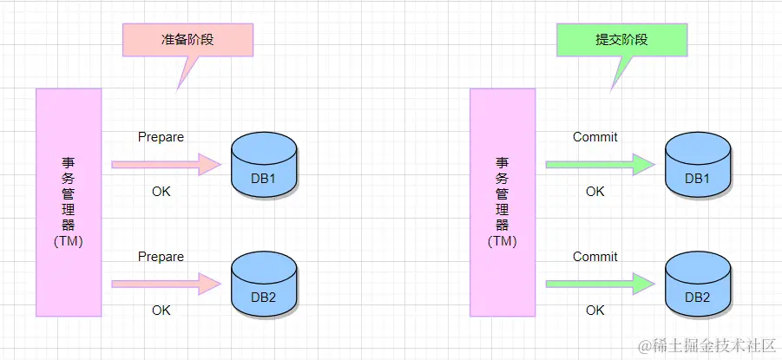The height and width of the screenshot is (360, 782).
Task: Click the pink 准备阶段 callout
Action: pyautogui.click(x=187, y=40)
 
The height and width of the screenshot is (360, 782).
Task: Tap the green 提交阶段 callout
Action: pyautogui.click(x=621, y=40)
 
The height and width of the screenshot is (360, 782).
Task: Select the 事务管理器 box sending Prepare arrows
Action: pyautogui.click(x=69, y=201)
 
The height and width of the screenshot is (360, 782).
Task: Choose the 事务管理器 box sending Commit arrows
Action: pyautogui.click(x=503, y=201)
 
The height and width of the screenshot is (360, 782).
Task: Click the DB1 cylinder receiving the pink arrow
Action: pyautogui.click(x=264, y=165)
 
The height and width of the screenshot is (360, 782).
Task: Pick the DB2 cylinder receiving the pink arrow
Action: pyautogui.click(x=264, y=284)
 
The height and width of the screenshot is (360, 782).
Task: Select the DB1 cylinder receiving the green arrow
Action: pyautogui.click(x=697, y=165)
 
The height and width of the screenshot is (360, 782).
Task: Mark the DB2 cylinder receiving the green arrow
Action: pyautogui.click(x=697, y=284)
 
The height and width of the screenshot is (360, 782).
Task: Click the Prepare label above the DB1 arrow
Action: pyautogui.click(x=161, y=137)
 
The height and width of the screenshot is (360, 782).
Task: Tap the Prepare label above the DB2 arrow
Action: pyautogui.click(x=161, y=257)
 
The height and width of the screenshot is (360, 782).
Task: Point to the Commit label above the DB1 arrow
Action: pyautogui.click(x=595, y=137)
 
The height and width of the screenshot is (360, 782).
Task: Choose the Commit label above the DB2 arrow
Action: pyautogui.click(x=595, y=257)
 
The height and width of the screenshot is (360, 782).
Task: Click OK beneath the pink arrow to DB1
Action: pyautogui.click(x=161, y=192)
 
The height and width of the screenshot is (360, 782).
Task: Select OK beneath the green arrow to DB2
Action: pyautogui.click(x=595, y=311)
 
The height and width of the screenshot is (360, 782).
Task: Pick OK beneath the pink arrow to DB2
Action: pyautogui.click(x=161, y=311)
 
